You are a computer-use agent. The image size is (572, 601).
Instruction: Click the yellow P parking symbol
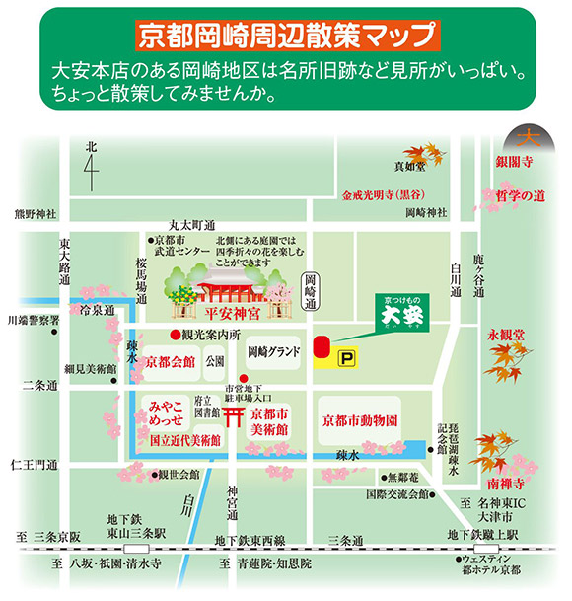[x=345, y=359]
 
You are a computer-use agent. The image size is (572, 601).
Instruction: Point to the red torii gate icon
[x=235, y=414]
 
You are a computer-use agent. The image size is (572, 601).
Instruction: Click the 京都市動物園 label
[x=359, y=419]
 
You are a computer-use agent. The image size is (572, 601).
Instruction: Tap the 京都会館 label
[x=169, y=362]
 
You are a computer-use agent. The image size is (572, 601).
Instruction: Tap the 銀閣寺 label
[x=514, y=161]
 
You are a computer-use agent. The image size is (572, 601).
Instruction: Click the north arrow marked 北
[x=91, y=167]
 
